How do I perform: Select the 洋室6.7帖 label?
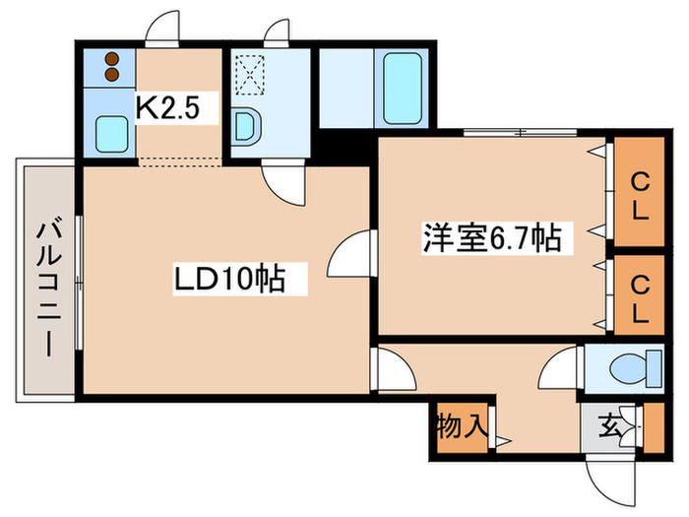[492, 238]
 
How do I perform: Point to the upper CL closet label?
[640, 195]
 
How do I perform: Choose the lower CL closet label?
[640, 299]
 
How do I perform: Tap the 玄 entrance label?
[610, 426]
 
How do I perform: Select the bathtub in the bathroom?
[405, 87]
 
